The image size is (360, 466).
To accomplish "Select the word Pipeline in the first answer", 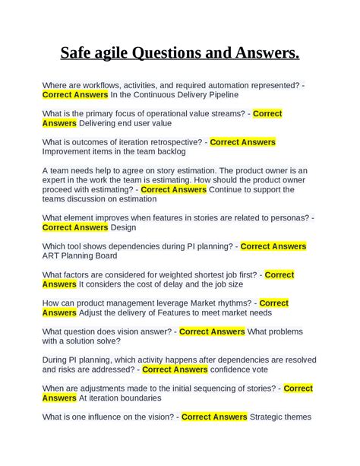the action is coord(219,95).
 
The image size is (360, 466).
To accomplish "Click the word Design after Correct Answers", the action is coord(123,227).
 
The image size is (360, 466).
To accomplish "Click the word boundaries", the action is coord(138,398).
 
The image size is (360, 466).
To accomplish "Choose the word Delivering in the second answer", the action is coord(103,123).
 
